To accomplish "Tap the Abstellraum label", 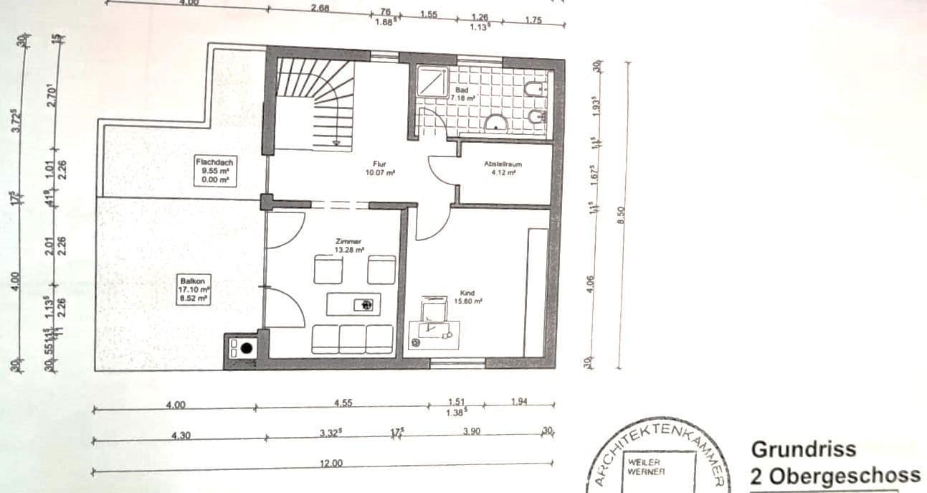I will (503, 168).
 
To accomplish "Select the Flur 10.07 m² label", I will (380, 168).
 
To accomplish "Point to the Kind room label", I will (467, 297).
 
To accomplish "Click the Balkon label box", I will (193, 289).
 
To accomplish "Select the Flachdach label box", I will (214, 171).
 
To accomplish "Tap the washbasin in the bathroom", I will (496, 124).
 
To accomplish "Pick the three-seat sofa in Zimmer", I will (352, 338).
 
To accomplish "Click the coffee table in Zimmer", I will (353, 304).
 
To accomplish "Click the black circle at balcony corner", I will (247, 349).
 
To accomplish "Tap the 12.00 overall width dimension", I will (331, 464).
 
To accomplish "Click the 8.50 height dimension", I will (622, 215).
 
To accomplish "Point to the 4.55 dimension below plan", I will (344, 404).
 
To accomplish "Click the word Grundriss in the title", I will (803, 449).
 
